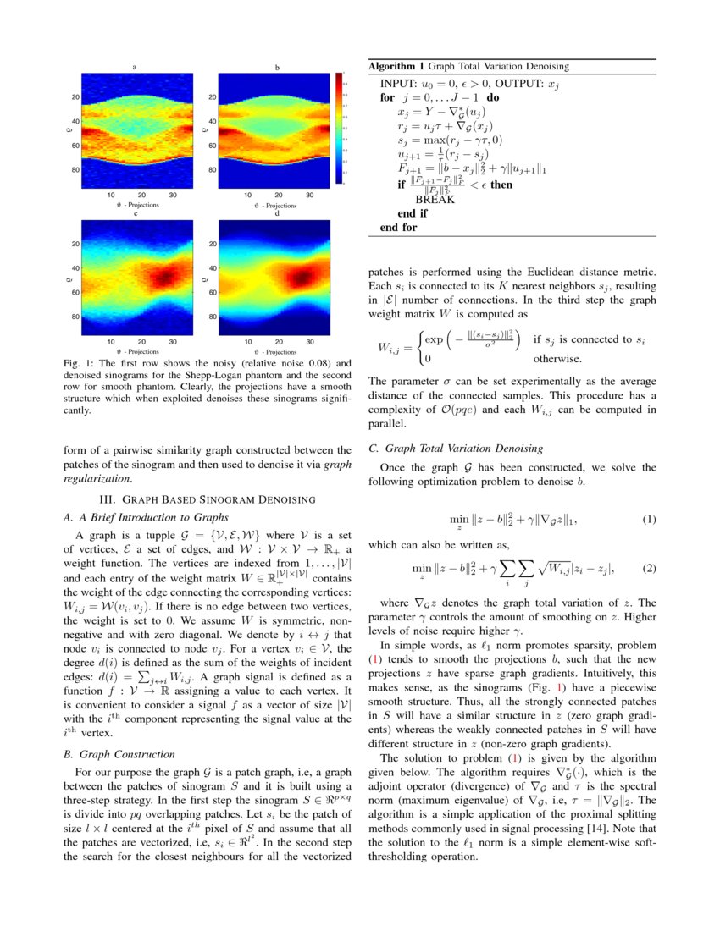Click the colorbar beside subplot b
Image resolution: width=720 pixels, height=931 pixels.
point(340,128)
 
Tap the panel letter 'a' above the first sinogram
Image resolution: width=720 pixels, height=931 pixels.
point(135,66)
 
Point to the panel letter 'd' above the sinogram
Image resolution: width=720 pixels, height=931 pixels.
point(277,213)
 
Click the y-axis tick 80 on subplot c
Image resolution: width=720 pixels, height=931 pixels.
point(74,317)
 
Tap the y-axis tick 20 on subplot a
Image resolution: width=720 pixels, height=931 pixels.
point(74,97)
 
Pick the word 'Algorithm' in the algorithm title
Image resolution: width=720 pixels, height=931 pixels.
point(396,66)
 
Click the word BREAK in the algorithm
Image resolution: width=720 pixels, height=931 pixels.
point(435,200)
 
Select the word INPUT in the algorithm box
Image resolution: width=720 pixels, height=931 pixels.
point(401,85)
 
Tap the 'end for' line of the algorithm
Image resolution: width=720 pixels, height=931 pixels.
point(399,227)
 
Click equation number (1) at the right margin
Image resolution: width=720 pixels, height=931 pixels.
point(649,519)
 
